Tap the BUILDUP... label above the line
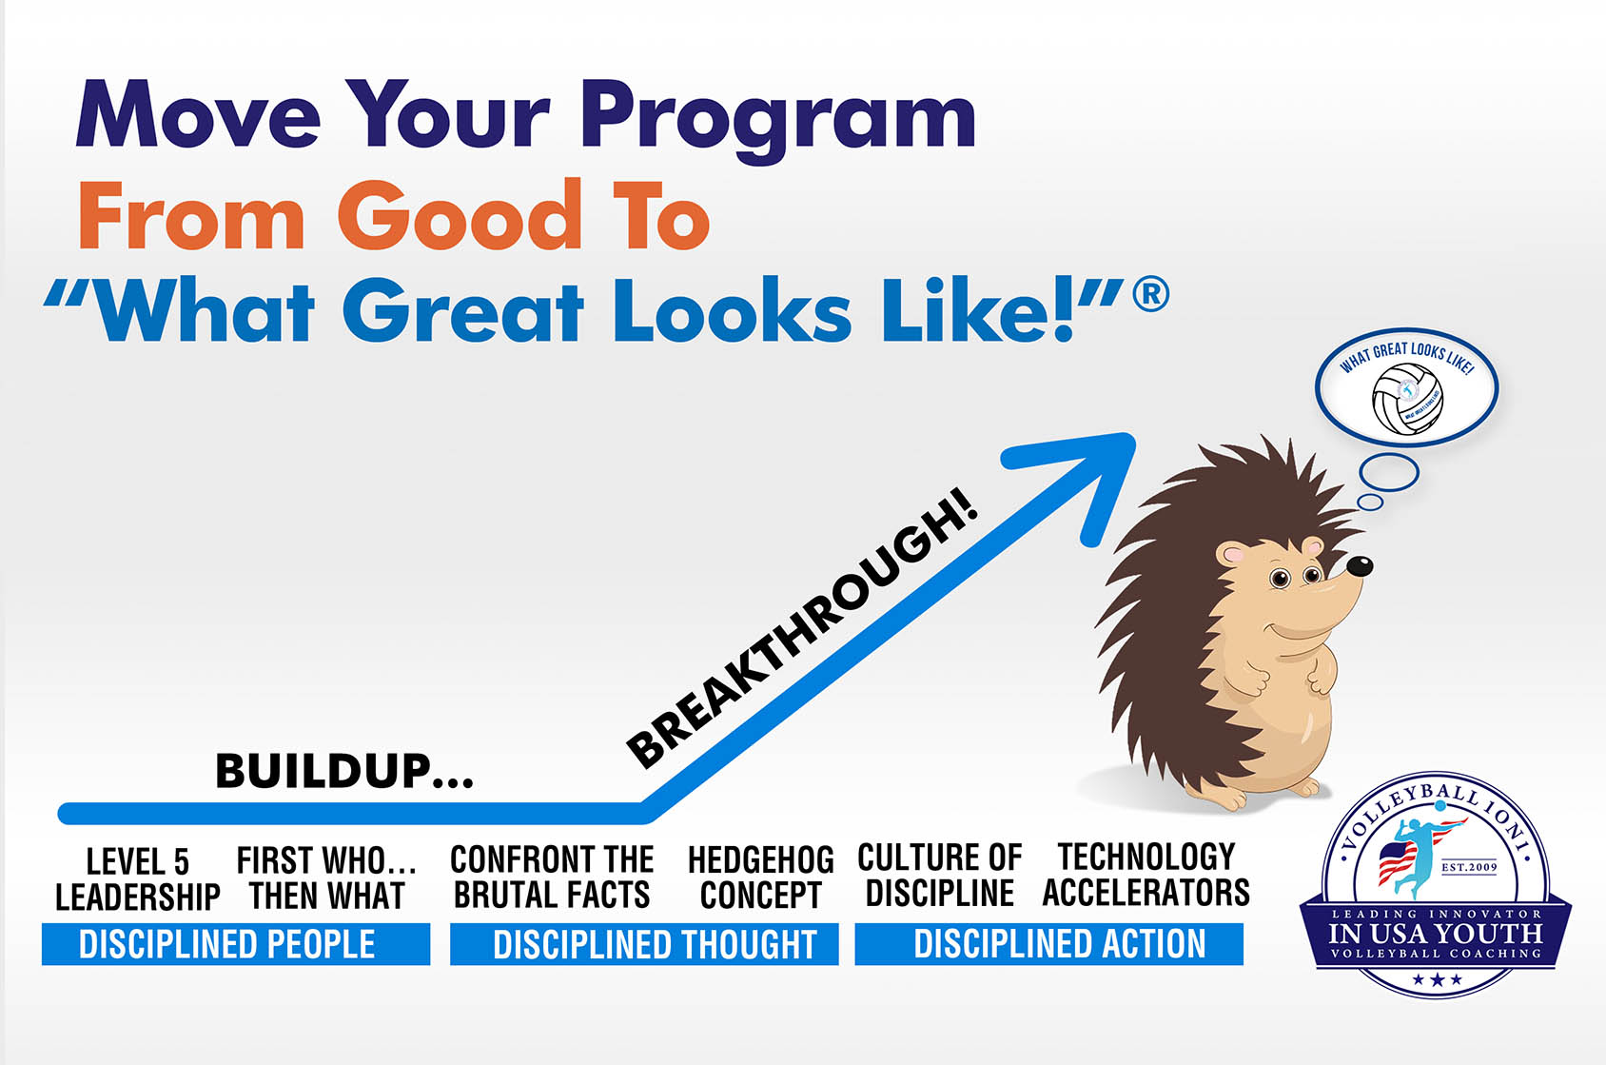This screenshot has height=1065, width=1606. [343, 771]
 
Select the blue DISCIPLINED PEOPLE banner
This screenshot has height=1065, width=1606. [235, 944]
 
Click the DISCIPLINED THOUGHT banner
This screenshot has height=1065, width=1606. [644, 944]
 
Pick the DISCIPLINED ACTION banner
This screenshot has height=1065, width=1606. [1048, 944]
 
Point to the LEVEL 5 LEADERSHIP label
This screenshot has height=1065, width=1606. [137, 879]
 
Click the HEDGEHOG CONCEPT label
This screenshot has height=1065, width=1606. [760, 878]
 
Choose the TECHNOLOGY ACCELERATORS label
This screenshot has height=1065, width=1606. [1146, 875]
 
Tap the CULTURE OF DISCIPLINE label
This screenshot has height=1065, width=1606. [939, 875]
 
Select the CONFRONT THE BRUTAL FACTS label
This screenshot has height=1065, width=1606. [552, 877]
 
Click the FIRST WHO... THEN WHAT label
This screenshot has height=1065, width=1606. [326, 878]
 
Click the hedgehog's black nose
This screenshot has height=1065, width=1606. [1360, 566]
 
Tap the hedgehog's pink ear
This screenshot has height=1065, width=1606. [1234, 554]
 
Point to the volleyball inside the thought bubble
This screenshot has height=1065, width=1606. [1407, 399]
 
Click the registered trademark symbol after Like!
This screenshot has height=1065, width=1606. [1151, 294]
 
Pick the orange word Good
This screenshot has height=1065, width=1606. [459, 217]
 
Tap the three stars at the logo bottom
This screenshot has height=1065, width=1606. [1436, 979]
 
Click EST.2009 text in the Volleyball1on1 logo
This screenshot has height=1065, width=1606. [1469, 867]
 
